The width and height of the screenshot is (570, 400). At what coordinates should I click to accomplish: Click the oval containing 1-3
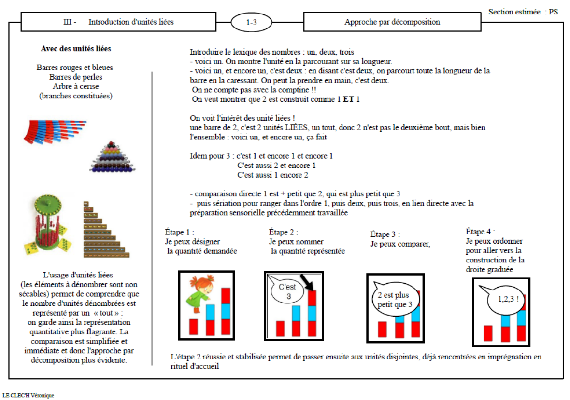coord(251,22)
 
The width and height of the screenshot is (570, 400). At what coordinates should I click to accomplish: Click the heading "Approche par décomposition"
coord(392,22)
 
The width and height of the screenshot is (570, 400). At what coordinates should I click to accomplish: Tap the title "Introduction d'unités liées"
coord(131,22)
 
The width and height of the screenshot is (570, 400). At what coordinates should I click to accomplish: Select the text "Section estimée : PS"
coord(523,12)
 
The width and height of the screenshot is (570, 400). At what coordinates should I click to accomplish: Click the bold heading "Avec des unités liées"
coord(76,49)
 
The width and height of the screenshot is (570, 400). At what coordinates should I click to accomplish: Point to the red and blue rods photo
coord(55,131)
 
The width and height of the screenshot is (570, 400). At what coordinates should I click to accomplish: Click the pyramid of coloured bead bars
coord(113,157)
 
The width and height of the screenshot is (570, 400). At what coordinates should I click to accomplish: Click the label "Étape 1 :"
coord(180,232)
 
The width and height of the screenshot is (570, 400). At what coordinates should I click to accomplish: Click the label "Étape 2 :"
coord(284,232)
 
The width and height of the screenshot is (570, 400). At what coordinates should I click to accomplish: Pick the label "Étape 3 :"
coord(385,234)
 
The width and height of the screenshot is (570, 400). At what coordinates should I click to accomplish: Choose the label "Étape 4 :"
coord(480,232)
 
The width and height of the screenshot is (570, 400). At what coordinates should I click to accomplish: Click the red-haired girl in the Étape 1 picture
coord(198,294)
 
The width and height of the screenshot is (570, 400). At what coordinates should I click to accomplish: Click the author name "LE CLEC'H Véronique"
coord(28,395)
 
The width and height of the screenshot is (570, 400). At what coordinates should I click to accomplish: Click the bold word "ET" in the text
coord(348,99)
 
